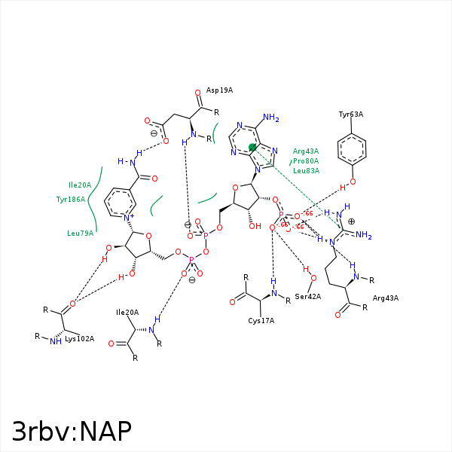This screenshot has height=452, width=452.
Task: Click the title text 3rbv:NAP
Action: coord(72,430)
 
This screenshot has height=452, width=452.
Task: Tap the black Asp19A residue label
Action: coord(219,90)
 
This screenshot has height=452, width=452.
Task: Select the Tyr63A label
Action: coord(350,115)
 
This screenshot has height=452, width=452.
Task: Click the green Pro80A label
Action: coord(306,160)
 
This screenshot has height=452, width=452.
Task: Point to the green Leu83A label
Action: coord(306,170)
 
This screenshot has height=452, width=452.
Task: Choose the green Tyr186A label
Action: coord(71,200)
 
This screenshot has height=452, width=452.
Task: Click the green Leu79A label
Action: coord(80,233)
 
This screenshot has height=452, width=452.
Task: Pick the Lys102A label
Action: coord(80,338)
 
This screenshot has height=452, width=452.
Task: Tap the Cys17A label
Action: coord(261,320)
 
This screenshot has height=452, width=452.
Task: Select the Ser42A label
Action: coord(308,296)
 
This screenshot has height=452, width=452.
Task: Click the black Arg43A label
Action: coord(386,298)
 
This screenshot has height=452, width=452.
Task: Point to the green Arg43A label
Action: coord(306,151)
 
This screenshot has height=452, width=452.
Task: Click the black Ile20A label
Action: coord(127,312)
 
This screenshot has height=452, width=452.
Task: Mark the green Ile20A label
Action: coord(80,185)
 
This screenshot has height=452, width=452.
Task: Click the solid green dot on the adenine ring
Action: coord(252,148)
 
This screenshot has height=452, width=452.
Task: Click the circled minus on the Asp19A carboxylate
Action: coord(154,133)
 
